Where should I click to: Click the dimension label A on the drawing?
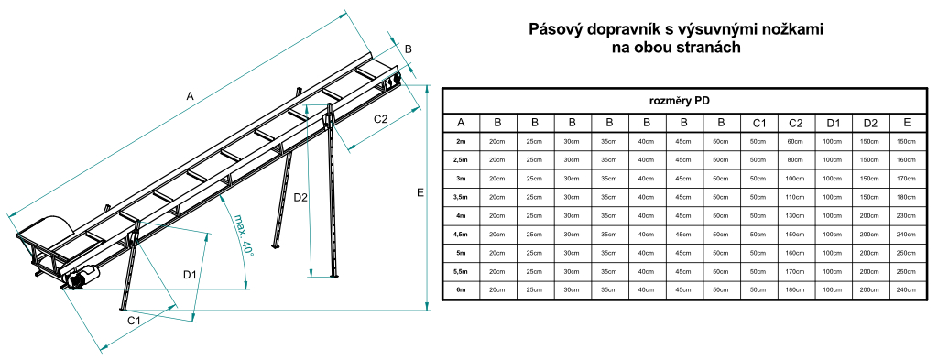tap(190, 94)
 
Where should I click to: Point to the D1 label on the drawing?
tap(191, 274)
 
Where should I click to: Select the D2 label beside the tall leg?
tap(300, 197)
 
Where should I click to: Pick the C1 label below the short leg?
tap(134, 320)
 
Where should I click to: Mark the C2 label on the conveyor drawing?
tap(381, 118)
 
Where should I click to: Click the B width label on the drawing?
tap(409, 49)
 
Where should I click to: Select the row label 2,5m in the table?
tap(461, 159)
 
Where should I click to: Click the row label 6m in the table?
tap(461, 289)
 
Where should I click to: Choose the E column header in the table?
tap(906, 122)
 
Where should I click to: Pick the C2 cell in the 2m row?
tap(795, 141)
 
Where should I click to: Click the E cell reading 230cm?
tap(906, 215)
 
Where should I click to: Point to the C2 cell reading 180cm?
tap(795, 289)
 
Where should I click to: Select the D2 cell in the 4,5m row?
tap(869, 234)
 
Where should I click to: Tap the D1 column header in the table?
tap(833, 122)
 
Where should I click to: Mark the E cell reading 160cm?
tap(906, 159)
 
